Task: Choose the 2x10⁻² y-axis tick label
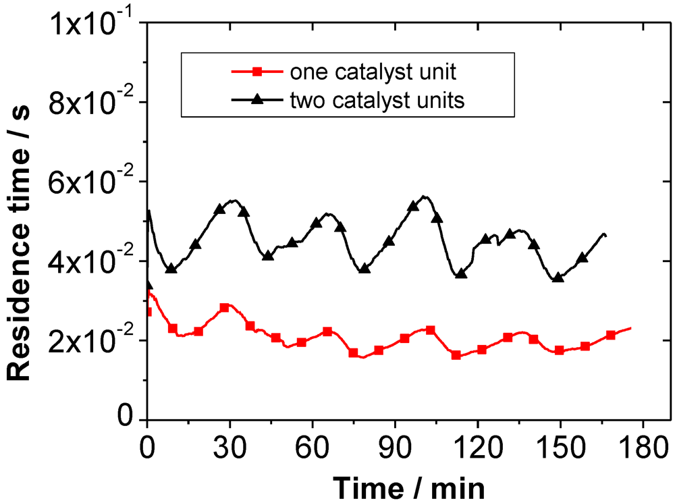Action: (x=97, y=340)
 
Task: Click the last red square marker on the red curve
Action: (x=611, y=335)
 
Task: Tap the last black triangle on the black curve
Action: (x=582, y=258)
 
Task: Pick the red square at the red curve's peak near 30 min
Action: (x=225, y=307)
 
